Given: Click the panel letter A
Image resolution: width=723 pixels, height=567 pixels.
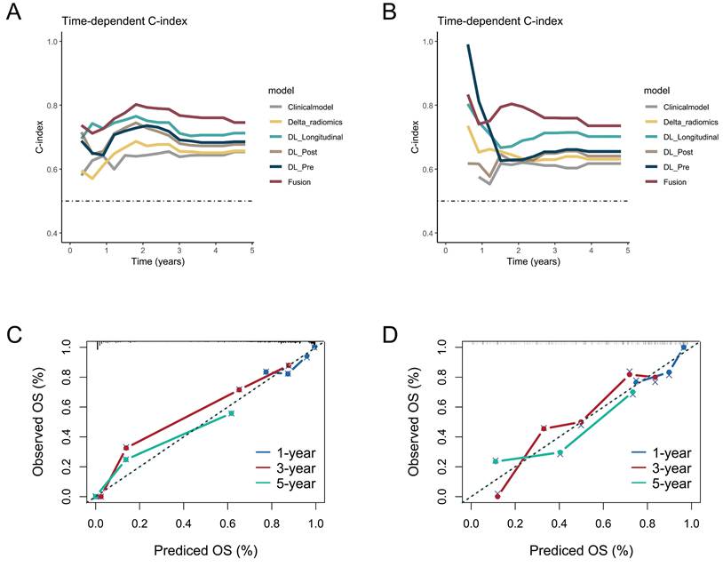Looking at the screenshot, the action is coord(14,12).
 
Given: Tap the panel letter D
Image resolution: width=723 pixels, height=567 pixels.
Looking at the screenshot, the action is coord(390,335).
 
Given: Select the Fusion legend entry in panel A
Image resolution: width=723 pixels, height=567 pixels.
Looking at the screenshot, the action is coord(290,182).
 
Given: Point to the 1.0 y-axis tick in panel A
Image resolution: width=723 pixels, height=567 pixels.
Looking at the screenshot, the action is coord(52,42).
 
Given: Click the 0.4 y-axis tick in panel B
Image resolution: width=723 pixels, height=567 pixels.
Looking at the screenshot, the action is coord(428,234).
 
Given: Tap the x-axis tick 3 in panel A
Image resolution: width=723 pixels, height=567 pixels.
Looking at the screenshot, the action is coord(179,251).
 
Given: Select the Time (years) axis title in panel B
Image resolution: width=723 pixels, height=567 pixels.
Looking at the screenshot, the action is coord(533,261).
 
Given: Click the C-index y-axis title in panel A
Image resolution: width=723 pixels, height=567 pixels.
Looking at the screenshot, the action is coord(40,137).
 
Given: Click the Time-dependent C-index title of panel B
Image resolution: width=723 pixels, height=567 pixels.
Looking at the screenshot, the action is coord(500,20).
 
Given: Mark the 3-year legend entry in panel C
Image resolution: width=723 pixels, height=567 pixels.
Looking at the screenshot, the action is coord(286,468).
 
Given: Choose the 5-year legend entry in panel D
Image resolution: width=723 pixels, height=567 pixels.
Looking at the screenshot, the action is coord(662,483).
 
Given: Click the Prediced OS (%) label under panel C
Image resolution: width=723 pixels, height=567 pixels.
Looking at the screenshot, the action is coord(205,550).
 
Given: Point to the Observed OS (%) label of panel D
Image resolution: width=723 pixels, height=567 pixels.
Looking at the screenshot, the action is coord(414,420).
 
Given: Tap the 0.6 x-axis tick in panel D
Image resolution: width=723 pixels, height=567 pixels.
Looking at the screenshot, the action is coord(603,523).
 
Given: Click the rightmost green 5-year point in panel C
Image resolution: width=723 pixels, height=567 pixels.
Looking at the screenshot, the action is coord(232,413).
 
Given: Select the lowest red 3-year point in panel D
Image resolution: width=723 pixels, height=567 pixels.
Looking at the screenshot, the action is coord(497,496).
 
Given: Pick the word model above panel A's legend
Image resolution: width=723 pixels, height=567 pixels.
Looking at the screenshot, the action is coord(281,91).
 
